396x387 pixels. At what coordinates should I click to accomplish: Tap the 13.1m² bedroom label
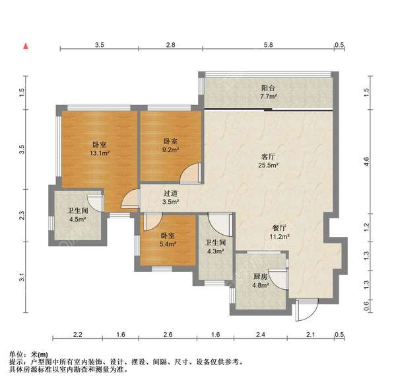[100, 149]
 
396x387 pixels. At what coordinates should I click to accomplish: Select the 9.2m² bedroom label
[170, 146]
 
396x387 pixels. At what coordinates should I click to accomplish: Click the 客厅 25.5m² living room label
[267, 161]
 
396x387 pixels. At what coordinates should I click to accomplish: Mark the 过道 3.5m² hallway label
[170, 198]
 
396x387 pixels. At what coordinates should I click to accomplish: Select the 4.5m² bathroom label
[79, 216]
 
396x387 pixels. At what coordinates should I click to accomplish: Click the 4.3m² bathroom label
[215, 247]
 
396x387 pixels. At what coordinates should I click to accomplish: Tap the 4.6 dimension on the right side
[366, 159]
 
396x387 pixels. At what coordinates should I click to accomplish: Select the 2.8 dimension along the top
[170, 44]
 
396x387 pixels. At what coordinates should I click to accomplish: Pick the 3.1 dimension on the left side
[22, 279]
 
